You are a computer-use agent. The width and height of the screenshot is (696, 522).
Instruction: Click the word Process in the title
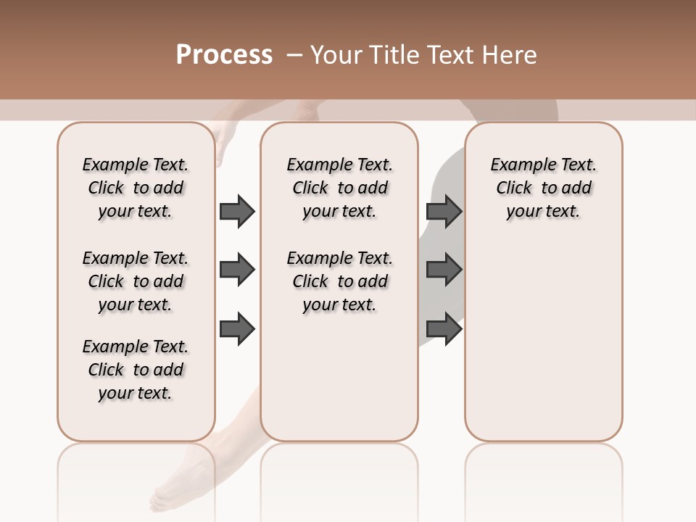coord(224,55)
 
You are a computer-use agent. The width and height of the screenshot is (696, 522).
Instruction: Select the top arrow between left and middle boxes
coord(237,211)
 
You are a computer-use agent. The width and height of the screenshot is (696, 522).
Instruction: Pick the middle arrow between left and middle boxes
coord(237,270)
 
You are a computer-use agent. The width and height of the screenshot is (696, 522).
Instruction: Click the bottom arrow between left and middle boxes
coord(237,328)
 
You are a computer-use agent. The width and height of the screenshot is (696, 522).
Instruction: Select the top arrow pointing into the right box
coord(444,211)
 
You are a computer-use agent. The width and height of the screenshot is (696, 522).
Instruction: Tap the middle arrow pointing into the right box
coord(444,270)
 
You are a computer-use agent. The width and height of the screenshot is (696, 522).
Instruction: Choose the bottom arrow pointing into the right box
coord(444,328)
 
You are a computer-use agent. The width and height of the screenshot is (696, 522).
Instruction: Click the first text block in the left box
coord(136,188)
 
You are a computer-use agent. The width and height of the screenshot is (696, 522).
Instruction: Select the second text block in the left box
coord(136,281)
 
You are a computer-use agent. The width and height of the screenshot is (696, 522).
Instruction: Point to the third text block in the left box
coord(136,370)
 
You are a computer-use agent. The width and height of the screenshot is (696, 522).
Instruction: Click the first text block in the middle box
coord(340,188)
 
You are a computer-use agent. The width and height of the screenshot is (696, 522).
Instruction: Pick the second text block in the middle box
coord(340,281)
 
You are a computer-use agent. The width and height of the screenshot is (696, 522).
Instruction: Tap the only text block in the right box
coord(544,188)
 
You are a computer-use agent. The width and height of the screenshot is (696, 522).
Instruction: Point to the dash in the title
coord(294,55)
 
